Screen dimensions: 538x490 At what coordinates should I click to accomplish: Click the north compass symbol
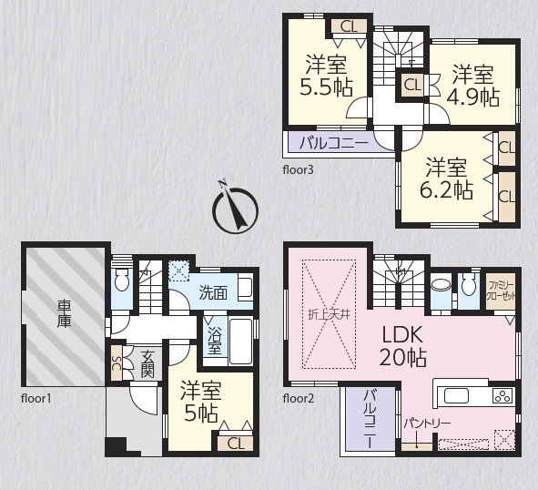(236, 210)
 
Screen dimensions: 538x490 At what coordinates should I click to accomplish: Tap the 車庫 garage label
(64, 313)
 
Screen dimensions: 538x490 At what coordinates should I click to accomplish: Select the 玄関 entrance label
(147, 364)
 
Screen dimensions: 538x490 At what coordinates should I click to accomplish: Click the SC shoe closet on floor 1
(117, 362)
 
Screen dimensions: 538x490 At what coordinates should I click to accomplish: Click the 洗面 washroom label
(213, 293)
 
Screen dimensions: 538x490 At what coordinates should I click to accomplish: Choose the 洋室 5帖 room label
(201, 402)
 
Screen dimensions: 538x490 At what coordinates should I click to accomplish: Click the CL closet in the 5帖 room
(236, 444)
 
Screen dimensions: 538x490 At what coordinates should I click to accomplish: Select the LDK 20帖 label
(402, 346)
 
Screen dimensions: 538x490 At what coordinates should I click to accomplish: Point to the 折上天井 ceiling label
(329, 314)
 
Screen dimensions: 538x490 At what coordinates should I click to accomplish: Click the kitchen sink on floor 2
(456, 395)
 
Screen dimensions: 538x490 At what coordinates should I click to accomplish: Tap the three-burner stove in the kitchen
(502, 395)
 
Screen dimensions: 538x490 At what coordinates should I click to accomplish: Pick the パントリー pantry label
(427, 424)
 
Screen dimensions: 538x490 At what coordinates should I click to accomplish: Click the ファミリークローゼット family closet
(501, 291)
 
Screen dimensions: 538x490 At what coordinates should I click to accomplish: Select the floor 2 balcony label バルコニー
(370, 419)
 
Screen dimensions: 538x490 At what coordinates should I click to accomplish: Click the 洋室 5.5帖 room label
(326, 76)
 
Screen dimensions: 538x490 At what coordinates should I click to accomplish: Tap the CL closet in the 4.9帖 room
(411, 85)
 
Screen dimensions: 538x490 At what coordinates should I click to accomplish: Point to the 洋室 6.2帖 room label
(446, 179)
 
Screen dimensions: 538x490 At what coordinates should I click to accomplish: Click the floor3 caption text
(299, 169)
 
